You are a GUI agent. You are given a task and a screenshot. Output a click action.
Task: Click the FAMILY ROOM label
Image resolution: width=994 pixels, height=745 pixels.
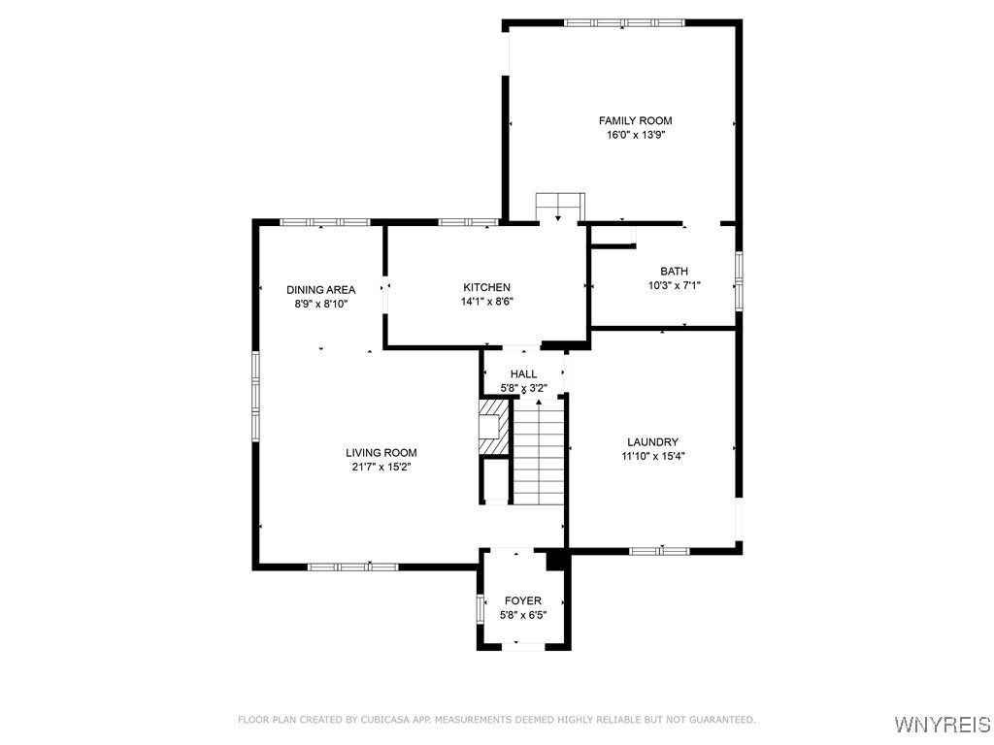point(635,121)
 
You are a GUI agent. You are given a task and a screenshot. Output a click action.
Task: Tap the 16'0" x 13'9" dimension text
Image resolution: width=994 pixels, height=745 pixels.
point(635,136)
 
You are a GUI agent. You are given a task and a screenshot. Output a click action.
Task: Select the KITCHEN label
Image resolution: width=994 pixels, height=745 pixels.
point(486,287)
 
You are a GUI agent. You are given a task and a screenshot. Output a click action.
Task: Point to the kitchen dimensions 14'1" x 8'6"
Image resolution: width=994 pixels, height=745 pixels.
point(486,302)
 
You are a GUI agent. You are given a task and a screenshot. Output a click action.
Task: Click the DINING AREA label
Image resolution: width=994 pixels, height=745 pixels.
point(320,289)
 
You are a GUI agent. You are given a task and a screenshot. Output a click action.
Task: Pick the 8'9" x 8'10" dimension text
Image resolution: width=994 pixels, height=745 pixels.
point(320,304)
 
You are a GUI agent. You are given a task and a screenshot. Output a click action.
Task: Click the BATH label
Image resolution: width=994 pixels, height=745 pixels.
point(674,272)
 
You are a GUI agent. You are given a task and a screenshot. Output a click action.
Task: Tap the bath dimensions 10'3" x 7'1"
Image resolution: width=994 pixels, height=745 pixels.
point(674,286)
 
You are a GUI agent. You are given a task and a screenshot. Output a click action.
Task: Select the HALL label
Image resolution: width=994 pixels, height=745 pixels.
point(523,374)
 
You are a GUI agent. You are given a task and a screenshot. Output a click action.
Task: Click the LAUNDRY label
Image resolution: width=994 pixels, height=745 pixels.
point(652,442)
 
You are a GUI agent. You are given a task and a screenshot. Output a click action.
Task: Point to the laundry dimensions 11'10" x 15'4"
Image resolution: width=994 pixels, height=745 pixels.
point(652,457)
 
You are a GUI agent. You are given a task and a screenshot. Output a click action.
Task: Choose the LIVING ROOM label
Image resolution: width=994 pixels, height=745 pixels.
point(381,453)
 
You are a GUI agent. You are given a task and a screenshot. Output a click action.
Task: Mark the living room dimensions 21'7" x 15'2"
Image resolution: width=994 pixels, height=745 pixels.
point(381,468)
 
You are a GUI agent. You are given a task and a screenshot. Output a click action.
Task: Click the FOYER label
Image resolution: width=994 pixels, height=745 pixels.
point(522,601)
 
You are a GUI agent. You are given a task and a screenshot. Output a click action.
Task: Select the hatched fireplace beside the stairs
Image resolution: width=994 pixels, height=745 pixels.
point(493,428)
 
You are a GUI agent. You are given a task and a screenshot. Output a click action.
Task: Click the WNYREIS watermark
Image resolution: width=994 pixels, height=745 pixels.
point(942,725)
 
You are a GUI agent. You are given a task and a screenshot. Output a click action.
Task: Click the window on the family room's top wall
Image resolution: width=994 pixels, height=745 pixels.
point(624,22)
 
